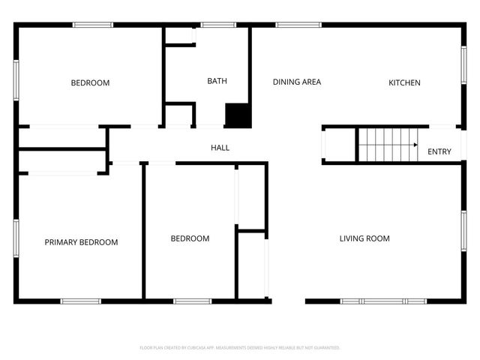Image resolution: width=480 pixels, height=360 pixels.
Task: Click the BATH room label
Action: pos(217,81)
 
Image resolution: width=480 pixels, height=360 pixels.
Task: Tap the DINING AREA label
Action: pos(297,82)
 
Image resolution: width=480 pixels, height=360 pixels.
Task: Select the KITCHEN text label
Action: pos(404,82)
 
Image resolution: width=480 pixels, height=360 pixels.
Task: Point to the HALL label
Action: pos(220,148)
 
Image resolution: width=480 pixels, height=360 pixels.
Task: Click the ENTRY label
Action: pos(439,151)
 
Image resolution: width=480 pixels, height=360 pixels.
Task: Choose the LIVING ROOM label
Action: pos(364,238)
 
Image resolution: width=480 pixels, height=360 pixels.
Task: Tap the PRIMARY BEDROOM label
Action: pos(81,242)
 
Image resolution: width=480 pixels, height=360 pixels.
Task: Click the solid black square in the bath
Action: pos(238,115)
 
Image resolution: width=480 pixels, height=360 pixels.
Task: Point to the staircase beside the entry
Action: pos(387,144)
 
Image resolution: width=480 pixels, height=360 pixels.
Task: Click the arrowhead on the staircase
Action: pos(415,145)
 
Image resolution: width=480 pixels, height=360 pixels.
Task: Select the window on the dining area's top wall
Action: pos(298,25)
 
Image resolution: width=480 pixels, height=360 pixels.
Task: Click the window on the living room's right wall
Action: pos(463,230)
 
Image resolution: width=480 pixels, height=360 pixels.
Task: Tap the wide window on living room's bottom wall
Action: pos(384,301)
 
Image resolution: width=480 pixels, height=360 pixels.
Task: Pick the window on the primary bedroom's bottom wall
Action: pos(81,301)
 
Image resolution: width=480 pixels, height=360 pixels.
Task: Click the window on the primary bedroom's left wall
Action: pos(16,239)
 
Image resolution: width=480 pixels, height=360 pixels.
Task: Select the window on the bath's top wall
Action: pos(218,25)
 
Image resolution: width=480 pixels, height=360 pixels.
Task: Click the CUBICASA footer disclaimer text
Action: pos(240,348)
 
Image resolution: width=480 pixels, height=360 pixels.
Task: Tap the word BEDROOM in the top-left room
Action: pos(90,82)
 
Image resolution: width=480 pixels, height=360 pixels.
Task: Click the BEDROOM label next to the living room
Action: pos(190,238)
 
